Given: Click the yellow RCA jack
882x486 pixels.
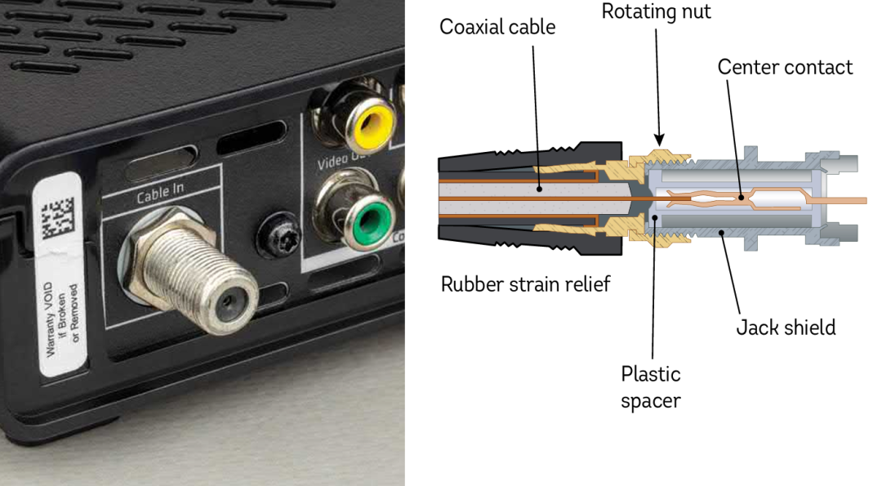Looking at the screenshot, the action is [x=372, y=123].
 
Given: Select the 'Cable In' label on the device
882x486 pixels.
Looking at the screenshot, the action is [x=161, y=195].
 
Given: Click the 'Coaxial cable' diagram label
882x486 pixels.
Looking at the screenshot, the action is [x=497, y=27].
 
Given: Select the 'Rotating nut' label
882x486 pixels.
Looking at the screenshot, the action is [x=656, y=12].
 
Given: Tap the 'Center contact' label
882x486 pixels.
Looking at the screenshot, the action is [x=785, y=67].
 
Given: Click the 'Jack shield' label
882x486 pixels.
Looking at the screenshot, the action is [x=786, y=328].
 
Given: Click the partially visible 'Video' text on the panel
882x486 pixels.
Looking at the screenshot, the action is [x=336, y=161].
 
